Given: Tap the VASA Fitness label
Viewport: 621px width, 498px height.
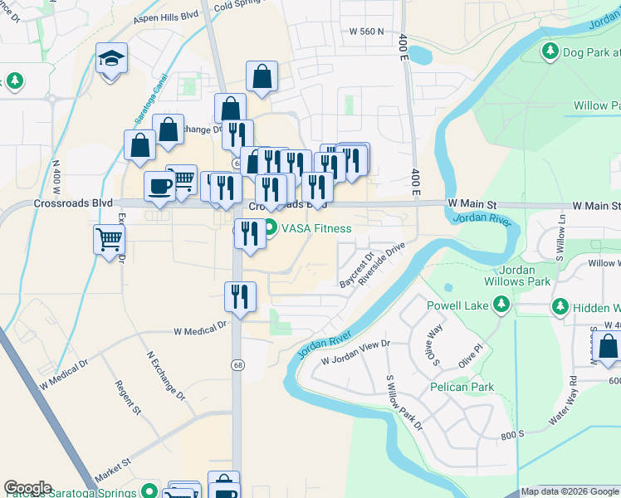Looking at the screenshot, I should (316, 228).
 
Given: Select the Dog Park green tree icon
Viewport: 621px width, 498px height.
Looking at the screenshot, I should (550, 52).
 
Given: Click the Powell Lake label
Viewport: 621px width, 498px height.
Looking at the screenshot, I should (457, 305).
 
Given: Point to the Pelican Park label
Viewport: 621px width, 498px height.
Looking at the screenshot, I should (462, 387).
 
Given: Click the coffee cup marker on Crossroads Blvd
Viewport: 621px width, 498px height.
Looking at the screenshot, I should (159, 186).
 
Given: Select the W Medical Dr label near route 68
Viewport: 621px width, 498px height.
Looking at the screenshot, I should (200, 330).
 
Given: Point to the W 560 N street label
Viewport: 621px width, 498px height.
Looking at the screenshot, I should (367, 32).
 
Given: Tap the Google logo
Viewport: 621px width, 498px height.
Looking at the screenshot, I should (27, 488).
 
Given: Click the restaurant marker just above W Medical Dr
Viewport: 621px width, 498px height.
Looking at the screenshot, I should (241, 296).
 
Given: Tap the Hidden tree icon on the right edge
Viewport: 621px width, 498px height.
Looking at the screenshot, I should (560, 306).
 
